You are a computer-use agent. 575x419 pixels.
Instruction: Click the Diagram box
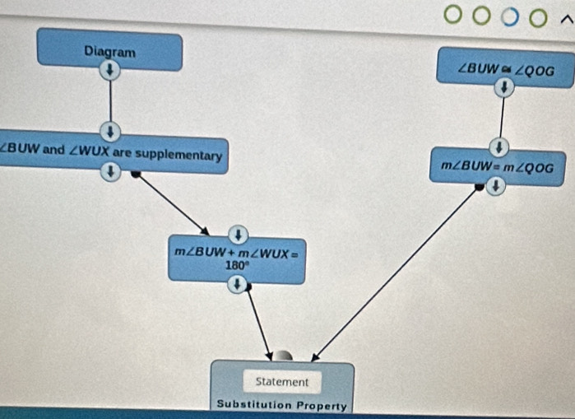tap(109, 51)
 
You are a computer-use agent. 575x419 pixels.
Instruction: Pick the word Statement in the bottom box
tap(282, 381)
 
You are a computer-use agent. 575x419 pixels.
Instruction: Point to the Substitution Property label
tap(282, 404)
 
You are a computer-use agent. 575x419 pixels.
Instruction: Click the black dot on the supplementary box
tap(136, 173)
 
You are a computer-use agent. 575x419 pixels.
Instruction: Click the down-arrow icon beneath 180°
tap(238, 283)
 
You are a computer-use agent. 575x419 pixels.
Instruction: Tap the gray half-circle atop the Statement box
tap(284, 356)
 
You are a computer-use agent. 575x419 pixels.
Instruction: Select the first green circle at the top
tap(453, 14)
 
